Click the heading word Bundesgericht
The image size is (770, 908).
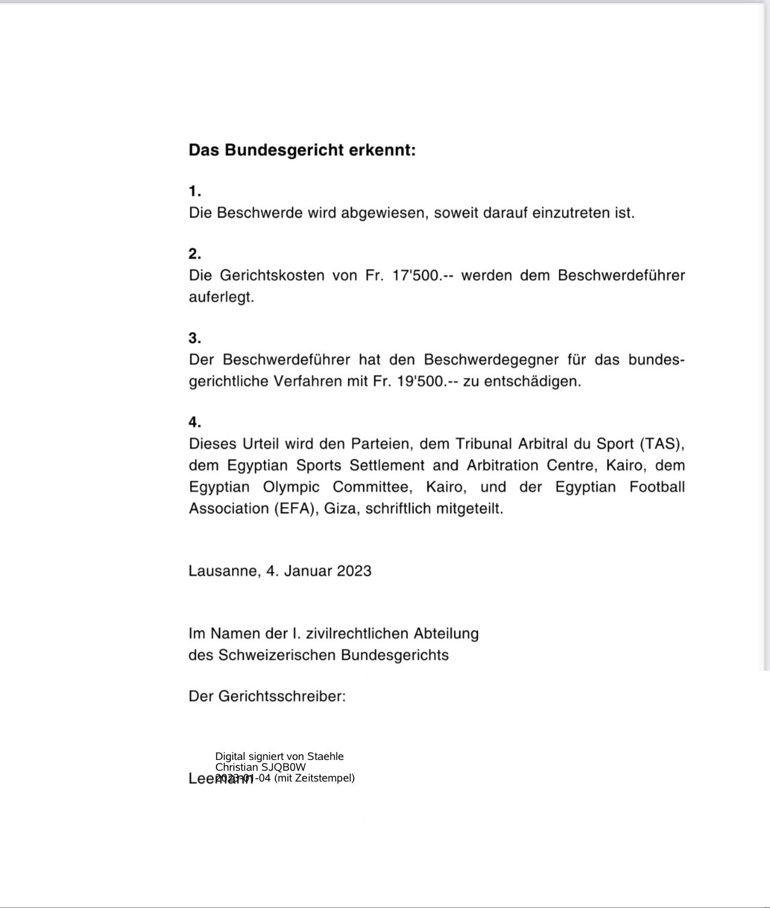pos(285,150)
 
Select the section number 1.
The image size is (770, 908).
pos(194,192)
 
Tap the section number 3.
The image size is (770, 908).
pos(194,338)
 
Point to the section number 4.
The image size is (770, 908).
pos(194,422)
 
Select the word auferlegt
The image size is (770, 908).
pos(221,297)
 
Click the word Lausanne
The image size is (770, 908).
pos(222,571)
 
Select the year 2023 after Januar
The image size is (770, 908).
pos(354,571)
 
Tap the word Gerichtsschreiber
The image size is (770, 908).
pos(280,696)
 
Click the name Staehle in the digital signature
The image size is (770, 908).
pos(325,756)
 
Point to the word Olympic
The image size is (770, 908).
pos(291,487)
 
